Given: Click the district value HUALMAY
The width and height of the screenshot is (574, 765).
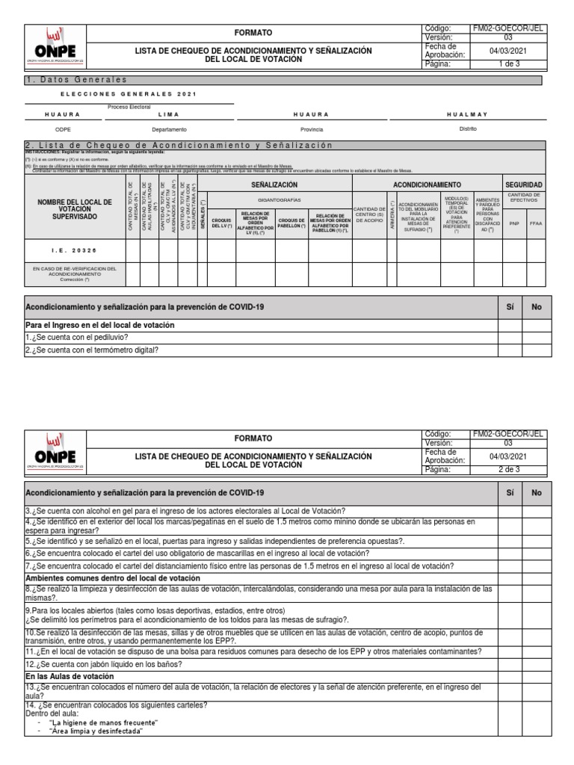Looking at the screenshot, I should [467, 114].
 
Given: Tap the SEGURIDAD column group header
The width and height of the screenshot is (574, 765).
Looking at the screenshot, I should [524, 185].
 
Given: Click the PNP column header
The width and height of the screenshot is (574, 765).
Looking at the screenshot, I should [513, 223].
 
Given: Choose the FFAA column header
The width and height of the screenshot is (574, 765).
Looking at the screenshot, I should [536, 223].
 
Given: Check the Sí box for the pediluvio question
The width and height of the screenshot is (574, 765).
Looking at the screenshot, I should [510, 337].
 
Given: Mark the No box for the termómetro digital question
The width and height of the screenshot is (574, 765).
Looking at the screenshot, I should [536, 349].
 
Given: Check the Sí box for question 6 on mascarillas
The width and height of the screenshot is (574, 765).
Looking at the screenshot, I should [510, 554].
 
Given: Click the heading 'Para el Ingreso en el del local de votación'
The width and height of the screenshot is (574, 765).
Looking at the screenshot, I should [100, 325].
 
